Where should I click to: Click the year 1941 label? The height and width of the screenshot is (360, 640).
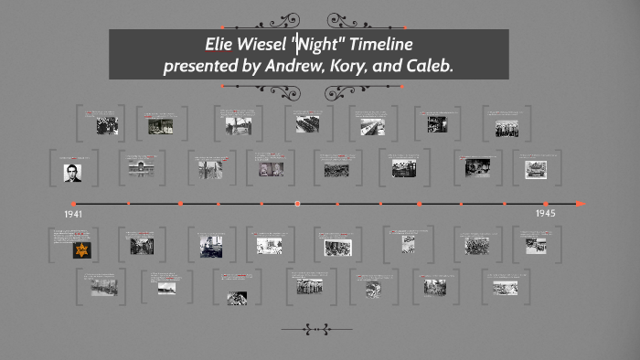pos(74,214)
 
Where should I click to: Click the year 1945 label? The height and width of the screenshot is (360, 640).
pos(546,213)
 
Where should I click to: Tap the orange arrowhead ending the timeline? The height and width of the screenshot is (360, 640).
pos(581,204)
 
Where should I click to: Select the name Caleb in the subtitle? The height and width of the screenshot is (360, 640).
pos(427,66)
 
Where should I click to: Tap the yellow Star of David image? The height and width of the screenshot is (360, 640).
pos(81,249)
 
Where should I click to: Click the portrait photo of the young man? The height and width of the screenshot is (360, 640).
pos(73,172)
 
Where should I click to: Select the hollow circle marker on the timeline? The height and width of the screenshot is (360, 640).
pos(297,204)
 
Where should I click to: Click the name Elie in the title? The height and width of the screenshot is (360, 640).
pos(218,45)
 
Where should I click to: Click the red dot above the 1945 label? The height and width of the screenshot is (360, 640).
pos(546,204)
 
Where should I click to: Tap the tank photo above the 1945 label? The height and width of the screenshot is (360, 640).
pos(536,169)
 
